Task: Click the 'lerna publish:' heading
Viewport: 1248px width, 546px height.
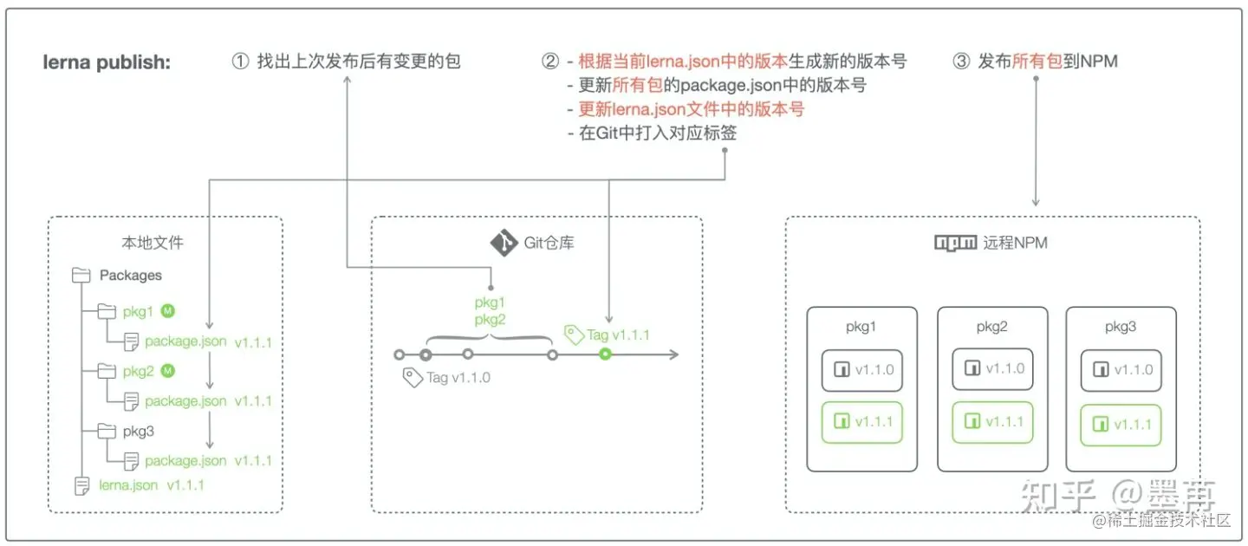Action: pos(107,62)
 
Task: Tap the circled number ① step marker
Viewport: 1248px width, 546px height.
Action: pos(240,62)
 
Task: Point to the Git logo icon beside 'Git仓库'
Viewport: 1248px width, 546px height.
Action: pos(503,243)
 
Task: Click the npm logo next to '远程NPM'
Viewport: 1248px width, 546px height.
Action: pos(955,243)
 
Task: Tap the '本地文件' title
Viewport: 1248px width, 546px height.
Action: pos(153,243)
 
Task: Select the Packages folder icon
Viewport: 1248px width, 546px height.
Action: pos(81,276)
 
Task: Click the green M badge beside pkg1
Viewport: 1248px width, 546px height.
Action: pos(168,310)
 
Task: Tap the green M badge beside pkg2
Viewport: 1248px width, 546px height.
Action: pos(168,371)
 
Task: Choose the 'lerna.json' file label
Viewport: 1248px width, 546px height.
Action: pos(128,484)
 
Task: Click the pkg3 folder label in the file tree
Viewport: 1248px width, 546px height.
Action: pos(139,431)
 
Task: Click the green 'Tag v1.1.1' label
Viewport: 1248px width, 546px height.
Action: pos(618,335)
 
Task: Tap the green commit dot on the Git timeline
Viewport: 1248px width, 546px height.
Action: pos(605,354)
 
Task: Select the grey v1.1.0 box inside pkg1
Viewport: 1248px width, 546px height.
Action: pos(862,369)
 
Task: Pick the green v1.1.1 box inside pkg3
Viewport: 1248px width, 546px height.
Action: pos(1121,424)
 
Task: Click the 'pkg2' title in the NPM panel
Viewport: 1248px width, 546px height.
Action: pos(991,328)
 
